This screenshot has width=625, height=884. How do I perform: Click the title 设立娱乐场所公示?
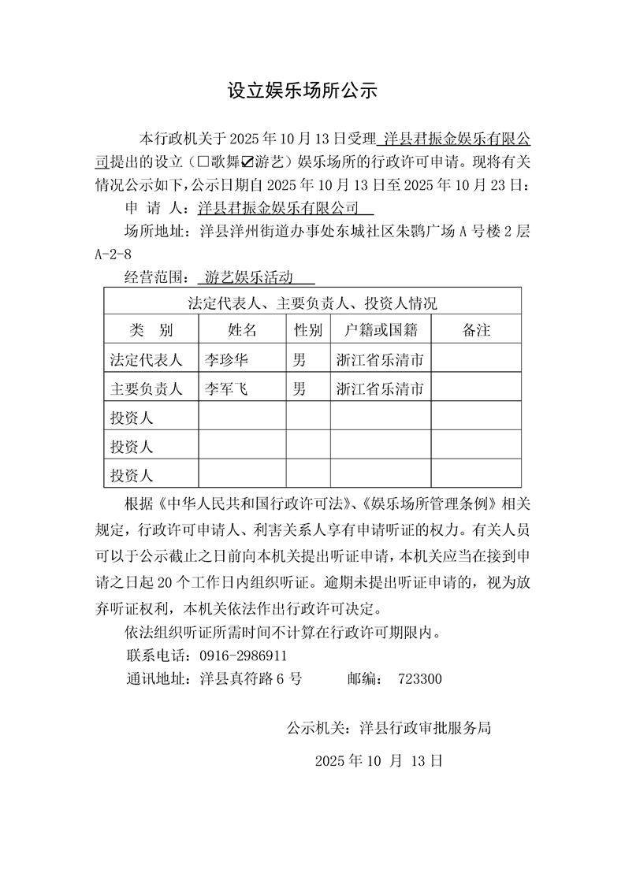tap(303, 91)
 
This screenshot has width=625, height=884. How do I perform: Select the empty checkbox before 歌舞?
tap(203, 164)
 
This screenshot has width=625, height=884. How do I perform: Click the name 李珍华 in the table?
tap(227, 360)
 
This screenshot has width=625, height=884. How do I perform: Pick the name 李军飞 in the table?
tap(227, 388)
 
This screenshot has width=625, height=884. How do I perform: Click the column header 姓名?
tap(242, 330)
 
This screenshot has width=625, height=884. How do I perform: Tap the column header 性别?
tap(307, 330)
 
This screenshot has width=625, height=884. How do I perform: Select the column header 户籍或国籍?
tap(381, 330)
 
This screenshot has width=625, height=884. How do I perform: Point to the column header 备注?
tap(476, 330)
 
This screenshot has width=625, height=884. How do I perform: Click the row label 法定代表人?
tap(147, 360)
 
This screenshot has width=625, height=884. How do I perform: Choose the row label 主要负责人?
tap(147, 388)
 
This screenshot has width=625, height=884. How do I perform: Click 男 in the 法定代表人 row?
tap(299, 360)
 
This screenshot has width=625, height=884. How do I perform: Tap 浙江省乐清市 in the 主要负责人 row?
tap(381, 388)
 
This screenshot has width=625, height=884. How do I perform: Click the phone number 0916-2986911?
tap(244, 656)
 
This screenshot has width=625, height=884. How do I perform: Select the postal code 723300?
tap(421, 678)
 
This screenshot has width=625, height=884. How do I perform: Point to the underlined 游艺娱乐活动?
tap(248, 277)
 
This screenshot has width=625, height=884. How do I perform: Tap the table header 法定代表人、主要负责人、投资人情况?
tap(312, 303)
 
